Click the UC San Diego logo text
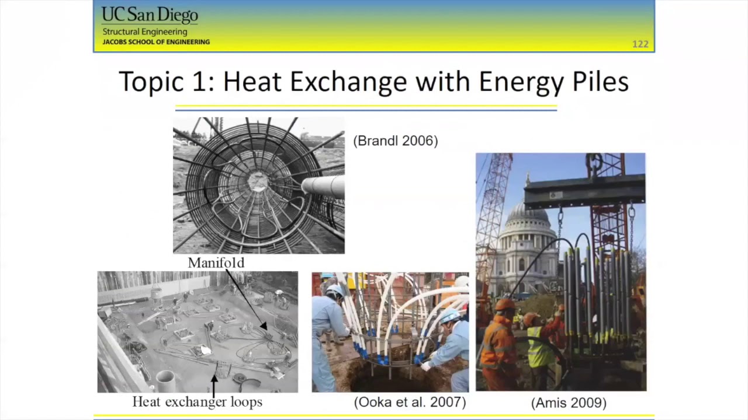(150, 15)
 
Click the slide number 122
(640, 44)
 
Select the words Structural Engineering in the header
(145, 32)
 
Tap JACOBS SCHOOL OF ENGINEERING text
(156, 42)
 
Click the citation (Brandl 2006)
(396, 141)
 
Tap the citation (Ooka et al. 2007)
(410, 402)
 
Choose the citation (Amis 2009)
(569, 402)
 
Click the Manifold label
(216, 263)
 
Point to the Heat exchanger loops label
(197, 402)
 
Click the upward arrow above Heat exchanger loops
(214, 385)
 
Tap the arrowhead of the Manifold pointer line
(264, 327)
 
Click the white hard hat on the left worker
(335, 290)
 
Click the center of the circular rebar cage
(257, 182)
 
